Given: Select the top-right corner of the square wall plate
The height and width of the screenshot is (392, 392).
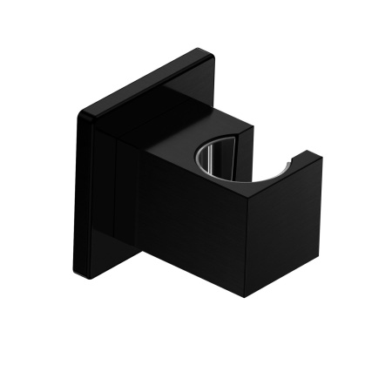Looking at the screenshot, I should (x=207, y=51).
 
